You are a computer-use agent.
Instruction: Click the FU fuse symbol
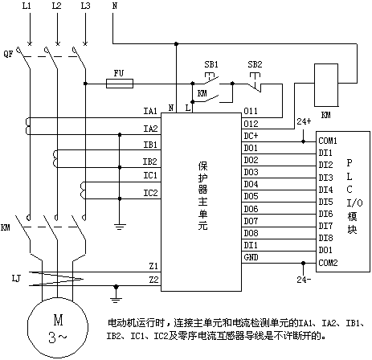tap(120, 84)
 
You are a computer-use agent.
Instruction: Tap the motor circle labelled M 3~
tap(58, 329)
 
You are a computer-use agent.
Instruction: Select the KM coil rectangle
tap(326, 85)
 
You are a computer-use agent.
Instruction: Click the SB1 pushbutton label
tap(211, 64)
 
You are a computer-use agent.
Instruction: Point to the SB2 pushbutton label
tap(255, 64)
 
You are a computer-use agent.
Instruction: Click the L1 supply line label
tap(27, 6)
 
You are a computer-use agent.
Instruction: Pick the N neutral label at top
tap(115, 6)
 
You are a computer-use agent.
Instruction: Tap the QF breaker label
tap(8, 54)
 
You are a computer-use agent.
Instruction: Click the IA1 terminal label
tap(150, 111)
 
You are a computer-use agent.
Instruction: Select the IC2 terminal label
tap(150, 193)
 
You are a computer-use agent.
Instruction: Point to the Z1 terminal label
tap(153, 266)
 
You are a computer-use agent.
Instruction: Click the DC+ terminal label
tap(251, 136)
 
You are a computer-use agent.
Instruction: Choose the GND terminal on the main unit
tap(251, 257)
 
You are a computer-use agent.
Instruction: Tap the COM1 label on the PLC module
tap(328, 141)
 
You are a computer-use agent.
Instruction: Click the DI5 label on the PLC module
tap(325, 202)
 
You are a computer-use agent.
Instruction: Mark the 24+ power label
tap(304, 121)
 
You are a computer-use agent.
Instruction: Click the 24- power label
tap(304, 280)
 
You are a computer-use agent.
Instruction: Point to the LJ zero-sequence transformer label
tap(16, 279)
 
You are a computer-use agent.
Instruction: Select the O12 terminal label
tap(251, 124)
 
